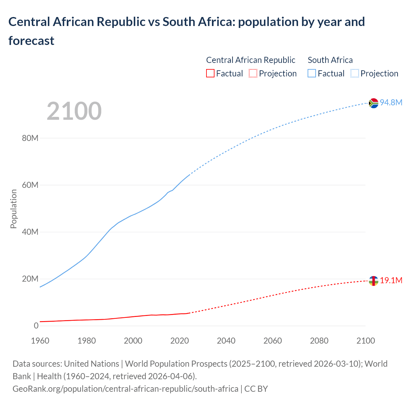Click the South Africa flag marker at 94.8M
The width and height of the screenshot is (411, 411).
click(x=373, y=103)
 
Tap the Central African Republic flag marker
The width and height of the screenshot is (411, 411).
click(x=373, y=281)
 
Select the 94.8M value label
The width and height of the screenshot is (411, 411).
click(x=391, y=102)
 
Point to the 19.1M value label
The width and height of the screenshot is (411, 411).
click(x=391, y=280)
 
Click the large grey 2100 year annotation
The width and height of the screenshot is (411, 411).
click(x=74, y=111)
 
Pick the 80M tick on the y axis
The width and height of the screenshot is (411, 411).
click(x=30, y=138)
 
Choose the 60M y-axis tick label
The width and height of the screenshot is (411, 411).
click(x=30, y=185)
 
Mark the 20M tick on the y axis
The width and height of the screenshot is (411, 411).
click(x=30, y=279)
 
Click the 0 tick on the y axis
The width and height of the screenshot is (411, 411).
click(x=36, y=326)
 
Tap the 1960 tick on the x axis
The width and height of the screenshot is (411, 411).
click(x=40, y=341)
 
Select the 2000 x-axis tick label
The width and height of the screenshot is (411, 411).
click(x=133, y=341)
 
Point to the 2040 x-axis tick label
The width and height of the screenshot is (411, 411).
click(x=226, y=341)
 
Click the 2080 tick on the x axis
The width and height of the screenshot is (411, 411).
click(x=319, y=341)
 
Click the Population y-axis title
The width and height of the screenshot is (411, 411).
click(x=13, y=209)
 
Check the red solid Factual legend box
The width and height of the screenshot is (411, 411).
click(x=210, y=74)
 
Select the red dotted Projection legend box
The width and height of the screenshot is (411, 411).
click(x=253, y=74)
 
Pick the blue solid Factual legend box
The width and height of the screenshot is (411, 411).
click(x=312, y=74)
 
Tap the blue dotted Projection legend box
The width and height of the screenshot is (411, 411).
click(x=355, y=74)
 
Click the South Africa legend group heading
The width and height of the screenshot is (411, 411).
click(x=330, y=60)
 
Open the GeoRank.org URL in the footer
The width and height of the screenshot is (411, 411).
click(x=125, y=389)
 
